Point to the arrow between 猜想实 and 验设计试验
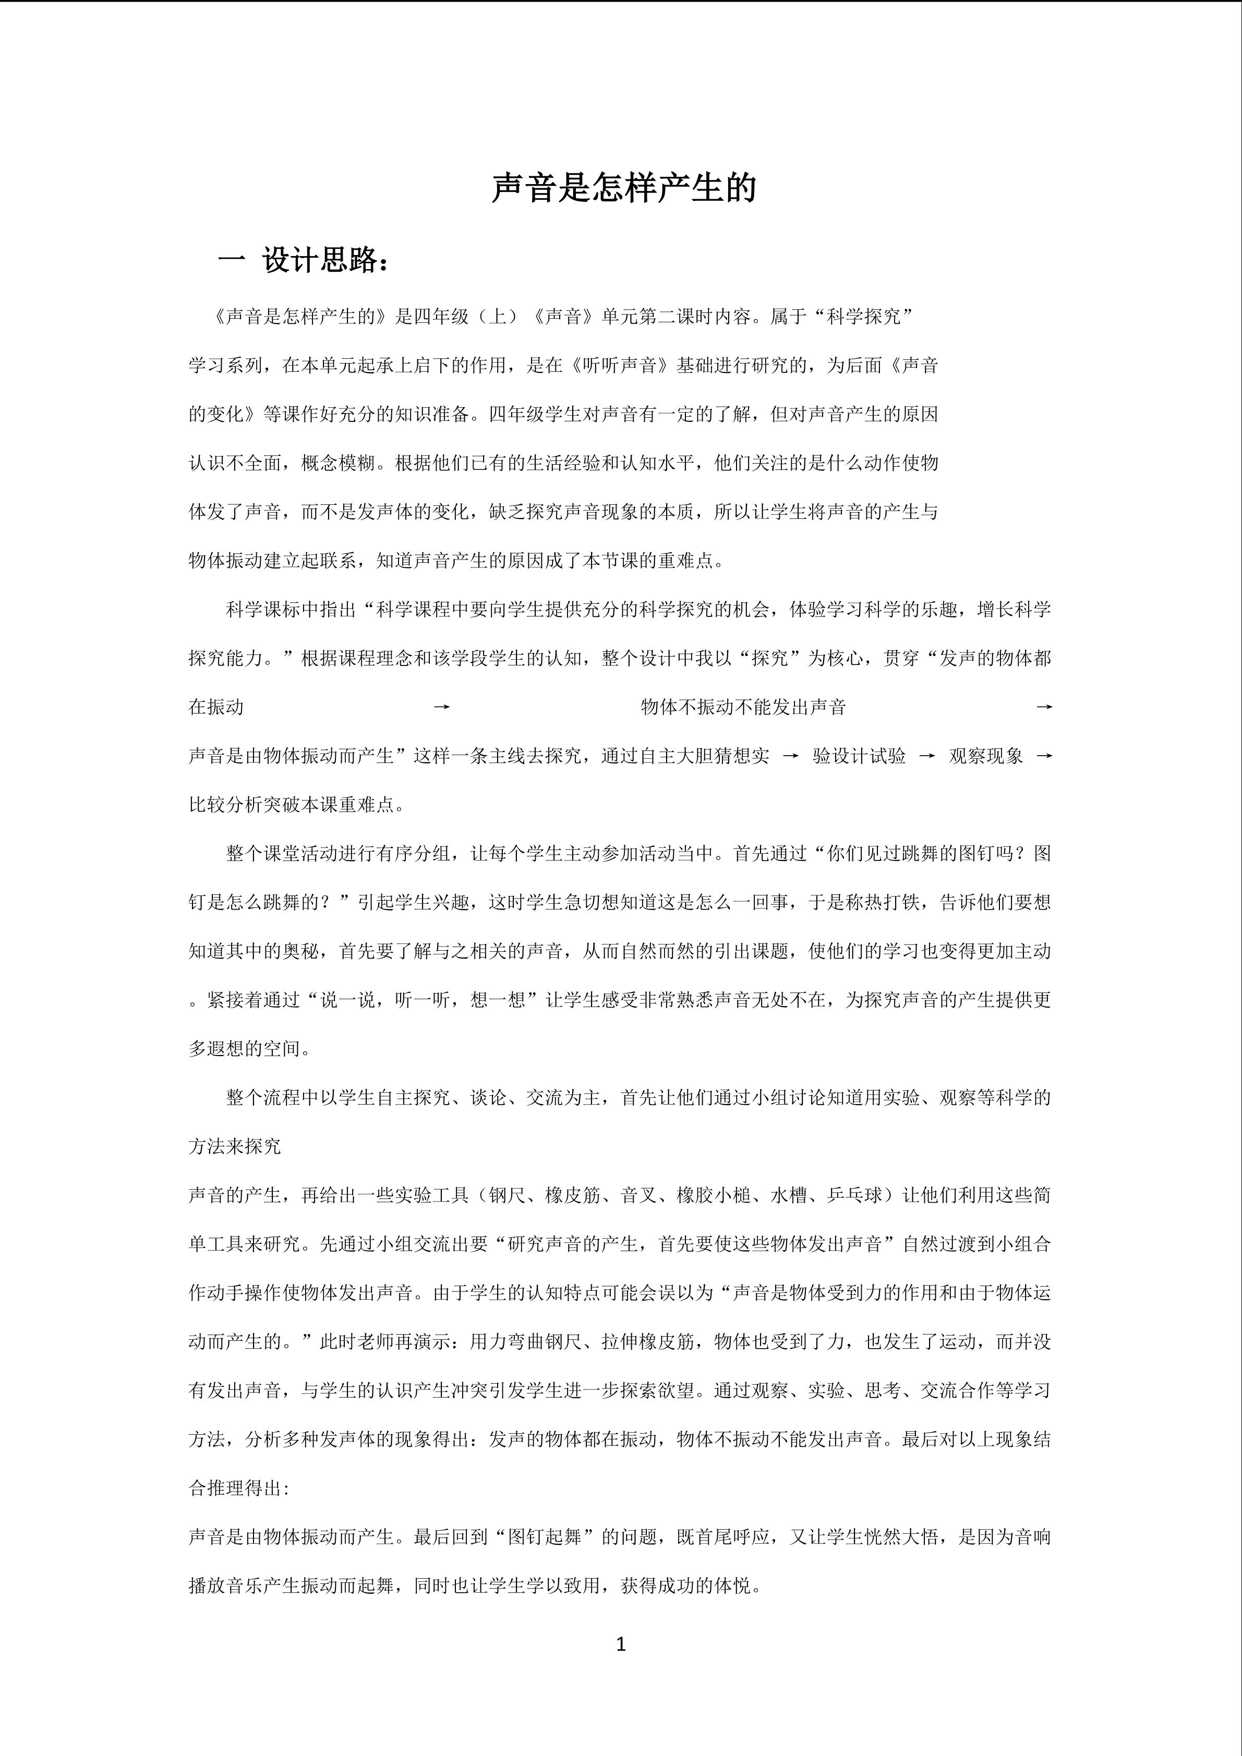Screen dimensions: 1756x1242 (x=791, y=756)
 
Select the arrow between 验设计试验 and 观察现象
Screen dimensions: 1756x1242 (x=927, y=756)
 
